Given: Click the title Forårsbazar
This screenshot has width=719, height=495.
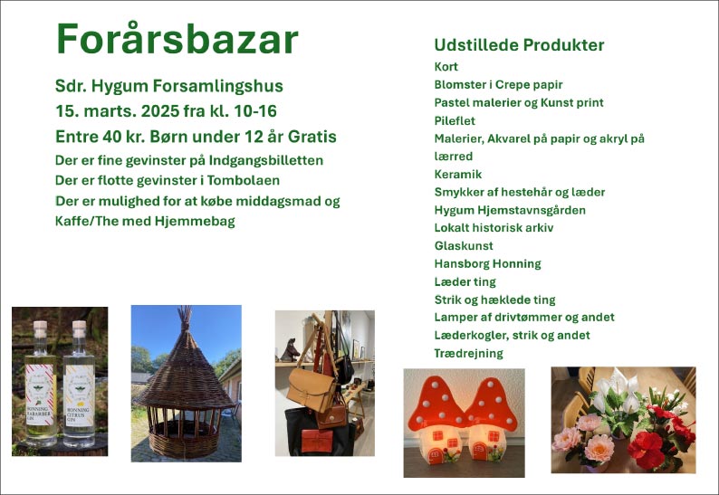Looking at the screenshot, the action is click(x=177, y=39).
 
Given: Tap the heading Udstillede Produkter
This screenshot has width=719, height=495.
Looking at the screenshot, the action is click(x=519, y=45).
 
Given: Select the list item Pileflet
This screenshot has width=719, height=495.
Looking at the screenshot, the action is click(x=455, y=120).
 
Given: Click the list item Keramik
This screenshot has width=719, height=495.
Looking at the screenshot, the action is click(x=458, y=174).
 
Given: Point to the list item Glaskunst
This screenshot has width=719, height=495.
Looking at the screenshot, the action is click(x=464, y=245).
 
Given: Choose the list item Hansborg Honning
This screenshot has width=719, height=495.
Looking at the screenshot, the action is click(x=487, y=264).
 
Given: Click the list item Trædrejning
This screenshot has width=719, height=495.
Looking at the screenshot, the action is click(x=469, y=353).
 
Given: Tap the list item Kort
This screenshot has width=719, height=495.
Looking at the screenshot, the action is click(x=446, y=66).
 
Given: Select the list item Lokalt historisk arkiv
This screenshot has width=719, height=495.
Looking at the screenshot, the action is click(x=494, y=228).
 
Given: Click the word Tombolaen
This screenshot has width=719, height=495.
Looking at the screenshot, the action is click(x=243, y=180).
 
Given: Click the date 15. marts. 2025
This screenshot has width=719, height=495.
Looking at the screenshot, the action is click(x=118, y=111).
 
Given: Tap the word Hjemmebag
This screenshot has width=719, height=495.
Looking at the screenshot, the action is click(x=195, y=222).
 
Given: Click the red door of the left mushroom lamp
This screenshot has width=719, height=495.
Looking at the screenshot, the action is click(x=436, y=455).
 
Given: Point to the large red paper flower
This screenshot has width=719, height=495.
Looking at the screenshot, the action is click(x=646, y=450).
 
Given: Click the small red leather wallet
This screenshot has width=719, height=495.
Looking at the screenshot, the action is click(x=317, y=441).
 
